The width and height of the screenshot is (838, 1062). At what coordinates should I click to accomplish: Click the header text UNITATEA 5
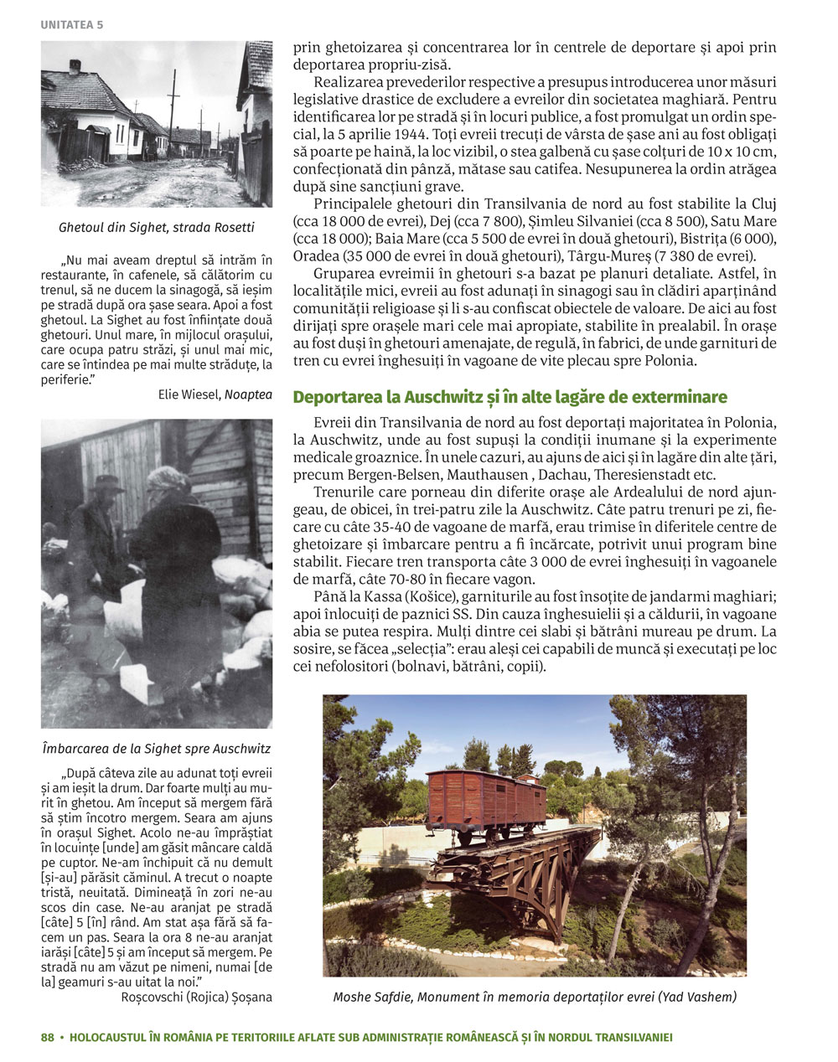click(71, 24)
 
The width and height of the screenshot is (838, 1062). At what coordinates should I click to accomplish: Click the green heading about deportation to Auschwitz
click(510, 396)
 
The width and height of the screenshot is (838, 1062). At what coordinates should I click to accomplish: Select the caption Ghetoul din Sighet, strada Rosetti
click(157, 228)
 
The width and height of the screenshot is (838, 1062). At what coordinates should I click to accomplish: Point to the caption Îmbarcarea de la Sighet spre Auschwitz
click(157, 748)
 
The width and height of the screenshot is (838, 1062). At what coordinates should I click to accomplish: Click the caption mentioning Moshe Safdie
click(535, 997)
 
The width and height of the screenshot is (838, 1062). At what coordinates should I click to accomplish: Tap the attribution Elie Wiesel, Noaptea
click(215, 394)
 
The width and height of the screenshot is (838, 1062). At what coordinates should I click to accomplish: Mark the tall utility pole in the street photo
click(174, 109)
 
